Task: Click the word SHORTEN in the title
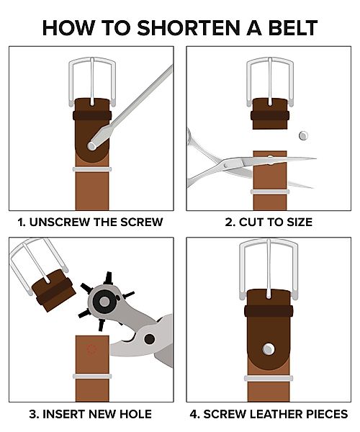(x=189, y=28)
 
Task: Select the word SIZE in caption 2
(x=299, y=222)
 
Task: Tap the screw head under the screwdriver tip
(x=91, y=145)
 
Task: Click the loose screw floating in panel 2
(x=303, y=135)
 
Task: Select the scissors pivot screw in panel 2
(x=227, y=165)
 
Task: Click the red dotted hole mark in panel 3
(x=91, y=349)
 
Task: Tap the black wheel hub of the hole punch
(x=104, y=302)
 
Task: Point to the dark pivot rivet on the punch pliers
(x=149, y=339)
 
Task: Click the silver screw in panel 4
(x=268, y=349)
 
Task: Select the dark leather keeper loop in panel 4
(x=269, y=311)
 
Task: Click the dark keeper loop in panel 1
(x=92, y=115)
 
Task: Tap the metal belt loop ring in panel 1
(x=92, y=169)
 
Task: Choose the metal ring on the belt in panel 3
(x=92, y=377)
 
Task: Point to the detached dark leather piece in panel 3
(x=54, y=291)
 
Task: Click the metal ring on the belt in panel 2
(x=270, y=192)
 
